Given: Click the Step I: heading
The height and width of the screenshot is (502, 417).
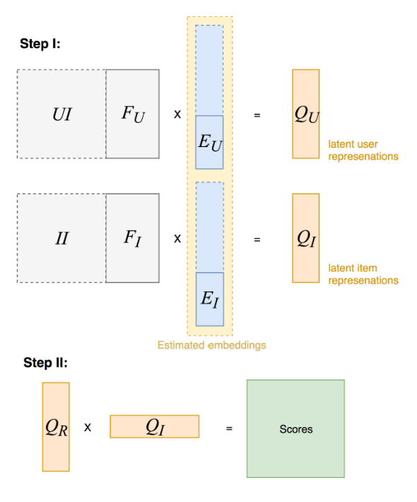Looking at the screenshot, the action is click(x=40, y=44).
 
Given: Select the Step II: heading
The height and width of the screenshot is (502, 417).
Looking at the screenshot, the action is click(x=45, y=363).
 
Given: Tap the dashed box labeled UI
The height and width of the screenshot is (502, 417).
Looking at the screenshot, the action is click(x=61, y=114).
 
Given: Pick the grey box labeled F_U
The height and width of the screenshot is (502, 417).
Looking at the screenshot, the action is click(x=132, y=114).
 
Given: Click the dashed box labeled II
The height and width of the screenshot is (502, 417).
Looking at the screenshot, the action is click(x=61, y=238).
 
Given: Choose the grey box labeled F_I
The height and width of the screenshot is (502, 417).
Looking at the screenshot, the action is click(x=132, y=238).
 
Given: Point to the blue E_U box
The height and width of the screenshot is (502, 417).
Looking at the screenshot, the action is click(x=209, y=142).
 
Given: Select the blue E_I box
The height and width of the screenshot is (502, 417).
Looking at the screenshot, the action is click(x=210, y=299).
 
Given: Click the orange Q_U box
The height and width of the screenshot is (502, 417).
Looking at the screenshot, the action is click(x=305, y=114).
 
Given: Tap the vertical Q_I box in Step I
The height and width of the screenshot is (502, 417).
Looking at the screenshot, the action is click(x=305, y=238).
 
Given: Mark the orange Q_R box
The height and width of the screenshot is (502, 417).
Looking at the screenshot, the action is click(x=56, y=427).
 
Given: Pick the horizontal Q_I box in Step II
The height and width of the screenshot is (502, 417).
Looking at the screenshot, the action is click(x=155, y=426).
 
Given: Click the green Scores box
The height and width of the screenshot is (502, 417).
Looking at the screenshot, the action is click(x=295, y=428).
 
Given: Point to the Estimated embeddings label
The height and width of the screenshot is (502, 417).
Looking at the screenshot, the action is click(x=212, y=345).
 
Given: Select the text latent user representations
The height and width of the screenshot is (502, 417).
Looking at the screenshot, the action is click(x=363, y=150).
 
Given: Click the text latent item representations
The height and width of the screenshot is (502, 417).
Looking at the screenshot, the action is click(x=363, y=274).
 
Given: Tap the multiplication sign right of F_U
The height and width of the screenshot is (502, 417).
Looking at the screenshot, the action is click(x=177, y=114).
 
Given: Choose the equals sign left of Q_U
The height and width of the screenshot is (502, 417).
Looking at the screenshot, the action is click(x=257, y=115).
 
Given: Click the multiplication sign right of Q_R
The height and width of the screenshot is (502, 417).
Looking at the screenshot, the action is click(x=88, y=427).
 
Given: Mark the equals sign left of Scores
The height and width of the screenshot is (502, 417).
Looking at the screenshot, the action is click(x=229, y=428).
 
